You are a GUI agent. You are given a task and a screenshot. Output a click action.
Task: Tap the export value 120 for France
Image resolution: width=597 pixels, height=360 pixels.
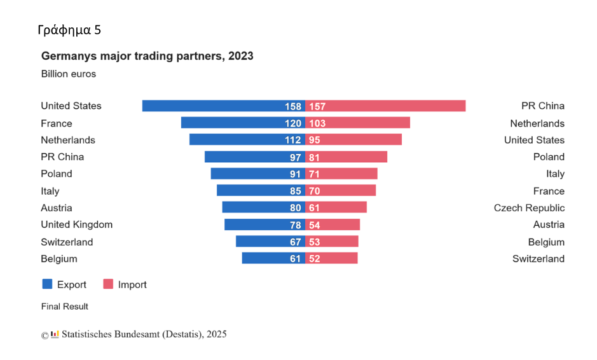pos(292,123)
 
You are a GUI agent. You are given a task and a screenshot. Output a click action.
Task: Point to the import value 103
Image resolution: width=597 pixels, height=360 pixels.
pos(317,123)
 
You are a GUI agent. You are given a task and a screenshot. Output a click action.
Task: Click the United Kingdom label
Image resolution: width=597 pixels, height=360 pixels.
pos(76,225)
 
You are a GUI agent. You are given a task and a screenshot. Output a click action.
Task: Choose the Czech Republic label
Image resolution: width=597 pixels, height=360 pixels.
pos(529,208)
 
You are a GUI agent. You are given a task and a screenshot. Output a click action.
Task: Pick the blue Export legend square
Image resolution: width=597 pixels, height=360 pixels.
pos(47,284)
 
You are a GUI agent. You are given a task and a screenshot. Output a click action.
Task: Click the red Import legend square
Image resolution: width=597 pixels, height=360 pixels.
pos(108,284)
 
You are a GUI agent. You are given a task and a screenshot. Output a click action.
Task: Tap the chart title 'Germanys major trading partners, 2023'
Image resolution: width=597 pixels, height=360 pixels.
pos(147,56)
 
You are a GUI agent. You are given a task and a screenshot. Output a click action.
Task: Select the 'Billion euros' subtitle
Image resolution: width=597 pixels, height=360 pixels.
pos(69,74)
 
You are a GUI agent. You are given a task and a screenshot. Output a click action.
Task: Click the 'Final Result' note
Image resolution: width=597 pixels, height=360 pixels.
pos(65,307)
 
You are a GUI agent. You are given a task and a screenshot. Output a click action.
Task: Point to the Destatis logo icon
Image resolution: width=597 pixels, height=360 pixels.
pos(55,334)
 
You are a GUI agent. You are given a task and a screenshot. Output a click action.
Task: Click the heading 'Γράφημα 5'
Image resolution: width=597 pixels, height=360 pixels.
pos(69,30)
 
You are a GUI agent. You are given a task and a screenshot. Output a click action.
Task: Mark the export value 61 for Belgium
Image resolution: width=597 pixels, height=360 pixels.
pos(295,259)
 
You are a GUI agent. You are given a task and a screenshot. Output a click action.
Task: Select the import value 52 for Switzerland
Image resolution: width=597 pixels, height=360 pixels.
pos(315,259)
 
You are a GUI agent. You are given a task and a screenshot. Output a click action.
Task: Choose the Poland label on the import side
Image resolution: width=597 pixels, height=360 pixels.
pos(549,157)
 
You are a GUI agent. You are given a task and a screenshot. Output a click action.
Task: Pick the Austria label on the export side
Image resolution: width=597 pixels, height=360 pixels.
pos(57,208)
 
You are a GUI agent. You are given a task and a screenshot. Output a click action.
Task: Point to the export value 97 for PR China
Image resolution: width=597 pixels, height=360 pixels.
pos(295,157)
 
